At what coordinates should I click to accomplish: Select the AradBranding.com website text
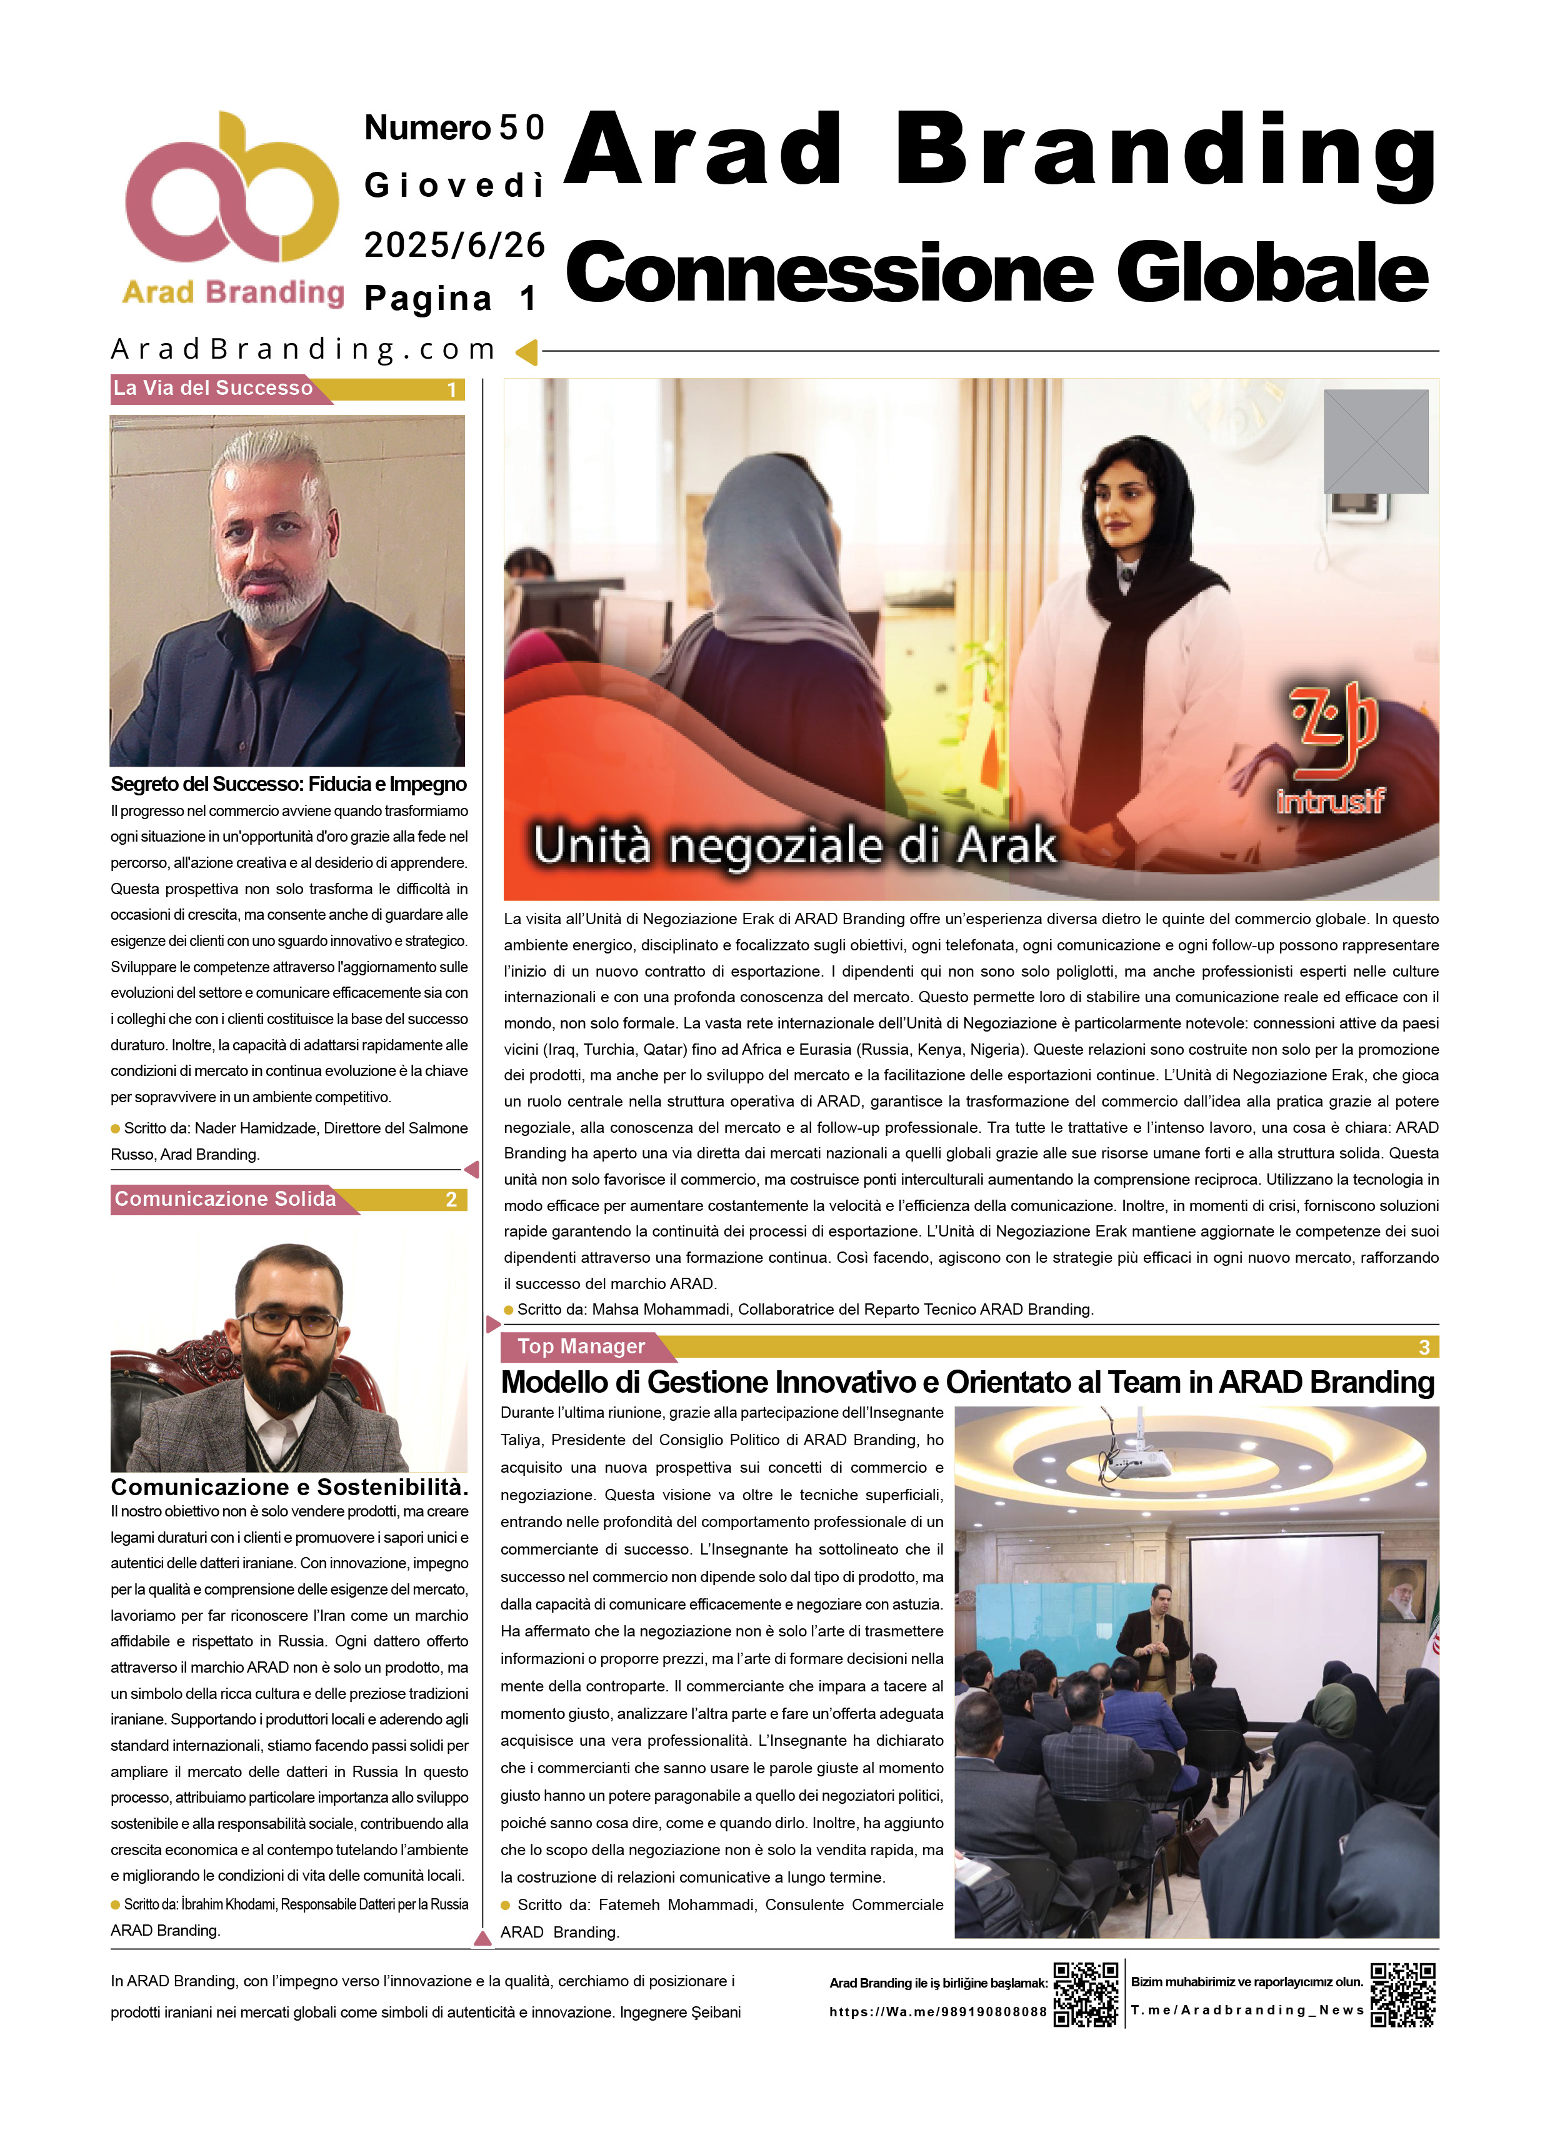point(303,350)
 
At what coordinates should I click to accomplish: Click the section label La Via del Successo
point(213,388)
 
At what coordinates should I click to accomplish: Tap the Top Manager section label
point(581,1346)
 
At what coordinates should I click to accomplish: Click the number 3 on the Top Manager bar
point(1424,1347)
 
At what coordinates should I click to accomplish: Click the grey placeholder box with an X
point(1376,442)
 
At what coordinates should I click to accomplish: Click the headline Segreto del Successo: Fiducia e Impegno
point(289,784)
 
